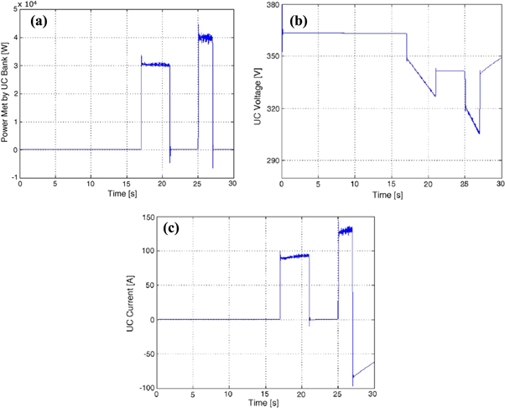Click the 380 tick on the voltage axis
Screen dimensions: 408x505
point(273,5)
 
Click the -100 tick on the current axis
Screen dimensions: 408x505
point(143,388)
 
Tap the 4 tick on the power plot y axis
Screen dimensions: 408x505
point(14,37)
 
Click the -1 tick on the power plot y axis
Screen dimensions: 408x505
point(13,177)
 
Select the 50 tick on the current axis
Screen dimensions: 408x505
point(148,285)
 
